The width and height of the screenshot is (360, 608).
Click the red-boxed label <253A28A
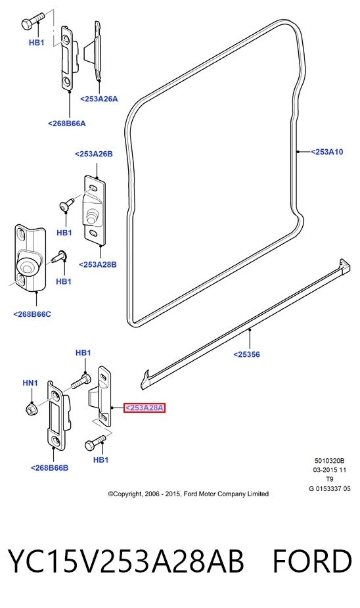(x=144, y=408)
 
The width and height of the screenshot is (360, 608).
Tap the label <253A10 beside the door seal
(x=326, y=152)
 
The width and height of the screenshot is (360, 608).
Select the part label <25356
(x=246, y=354)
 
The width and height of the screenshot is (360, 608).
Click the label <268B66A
(x=66, y=124)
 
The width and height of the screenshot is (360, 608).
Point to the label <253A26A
(x=99, y=99)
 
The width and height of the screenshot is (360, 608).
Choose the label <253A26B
(x=94, y=154)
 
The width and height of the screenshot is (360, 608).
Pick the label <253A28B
(x=98, y=264)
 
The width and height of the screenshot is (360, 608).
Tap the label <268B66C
(x=32, y=314)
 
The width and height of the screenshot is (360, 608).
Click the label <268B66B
(x=50, y=467)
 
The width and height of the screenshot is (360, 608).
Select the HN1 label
(x=30, y=383)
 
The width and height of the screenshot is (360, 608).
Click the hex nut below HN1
(x=30, y=409)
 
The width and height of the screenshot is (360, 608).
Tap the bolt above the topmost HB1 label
(x=33, y=21)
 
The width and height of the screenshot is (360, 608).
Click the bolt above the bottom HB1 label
(x=95, y=442)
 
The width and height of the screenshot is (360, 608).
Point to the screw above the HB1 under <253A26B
(x=66, y=204)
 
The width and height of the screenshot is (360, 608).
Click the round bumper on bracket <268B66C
(x=26, y=266)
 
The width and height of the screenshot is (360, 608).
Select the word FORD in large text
(x=312, y=561)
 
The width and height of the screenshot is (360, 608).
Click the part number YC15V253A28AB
(x=126, y=561)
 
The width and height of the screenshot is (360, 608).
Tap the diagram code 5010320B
(x=329, y=461)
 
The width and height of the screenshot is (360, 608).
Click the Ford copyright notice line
(x=189, y=494)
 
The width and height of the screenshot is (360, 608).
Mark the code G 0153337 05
(x=329, y=488)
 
